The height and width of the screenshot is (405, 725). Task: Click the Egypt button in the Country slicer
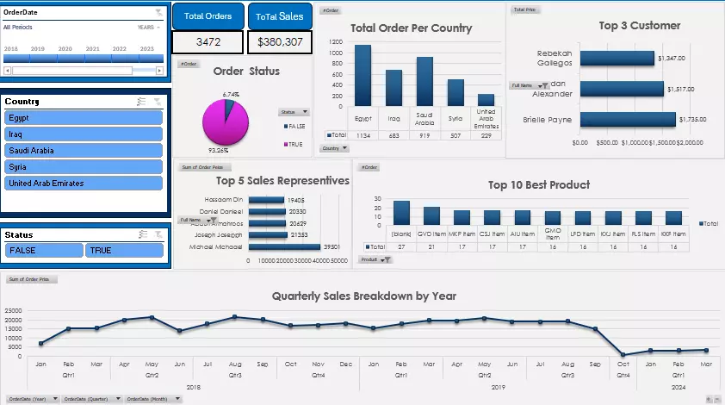(84, 118)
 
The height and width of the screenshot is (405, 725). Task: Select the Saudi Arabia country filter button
(84, 151)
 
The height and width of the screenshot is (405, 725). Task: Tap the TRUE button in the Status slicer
(124, 251)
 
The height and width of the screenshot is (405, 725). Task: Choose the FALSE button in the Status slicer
(44, 251)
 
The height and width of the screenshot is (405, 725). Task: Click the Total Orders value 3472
(208, 42)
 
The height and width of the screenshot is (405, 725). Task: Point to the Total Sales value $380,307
(280, 42)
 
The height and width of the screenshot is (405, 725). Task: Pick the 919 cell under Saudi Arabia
(424, 135)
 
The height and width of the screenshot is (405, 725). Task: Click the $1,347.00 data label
(670, 59)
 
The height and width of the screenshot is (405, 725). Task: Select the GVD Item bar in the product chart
(431, 215)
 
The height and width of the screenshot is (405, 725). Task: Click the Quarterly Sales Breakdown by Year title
(363, 296)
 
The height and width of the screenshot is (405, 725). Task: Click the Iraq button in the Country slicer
(84, 134)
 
